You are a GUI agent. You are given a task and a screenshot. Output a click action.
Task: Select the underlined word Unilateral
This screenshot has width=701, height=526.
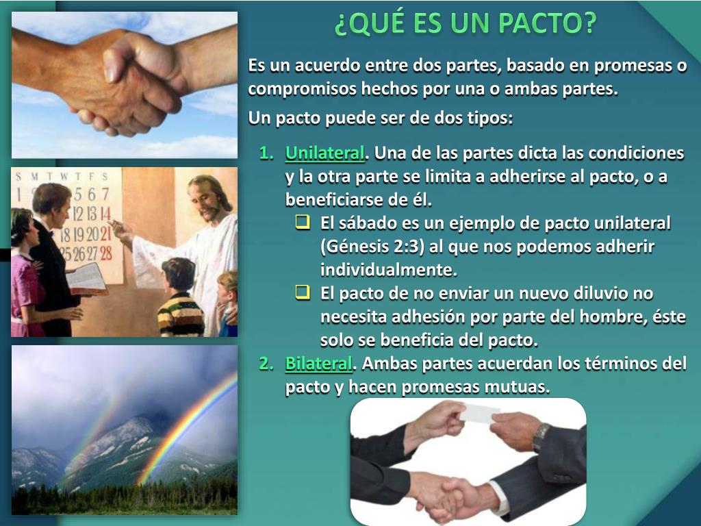tap(324, 152)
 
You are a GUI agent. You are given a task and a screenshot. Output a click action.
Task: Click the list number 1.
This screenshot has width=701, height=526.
tap(266, 153)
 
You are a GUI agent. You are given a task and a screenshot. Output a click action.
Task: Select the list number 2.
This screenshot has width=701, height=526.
tap(266, 364)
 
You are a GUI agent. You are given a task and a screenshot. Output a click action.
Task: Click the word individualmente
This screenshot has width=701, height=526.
tap(388, 269)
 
